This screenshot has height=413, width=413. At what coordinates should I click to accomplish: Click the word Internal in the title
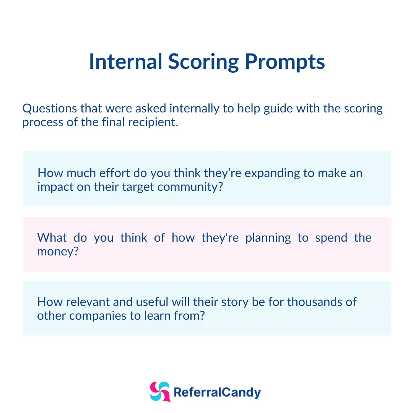pyautogui.click(x=126, y=61)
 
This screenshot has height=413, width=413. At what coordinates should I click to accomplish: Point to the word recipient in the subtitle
pyautogui.click(x=153, y=122)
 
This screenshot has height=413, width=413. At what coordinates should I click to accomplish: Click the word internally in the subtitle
pyautogui.click(x=194, y=109)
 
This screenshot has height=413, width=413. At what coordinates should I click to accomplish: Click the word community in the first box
pyautogui.click(x=190, y=187)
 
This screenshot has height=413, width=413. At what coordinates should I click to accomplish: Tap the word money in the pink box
pyautogui.click(x=58, y=252)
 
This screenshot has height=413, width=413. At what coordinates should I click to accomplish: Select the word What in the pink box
pyautogui.click(x=52, y=237)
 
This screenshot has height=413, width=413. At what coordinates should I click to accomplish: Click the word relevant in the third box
pyautogui.click(x=88, y=302)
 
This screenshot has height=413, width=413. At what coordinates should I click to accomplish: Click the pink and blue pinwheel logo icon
pyautogui.click(x=160, y=392)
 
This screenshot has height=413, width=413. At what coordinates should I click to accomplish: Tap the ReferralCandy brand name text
pyautogui.click(x=217, y=392)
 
